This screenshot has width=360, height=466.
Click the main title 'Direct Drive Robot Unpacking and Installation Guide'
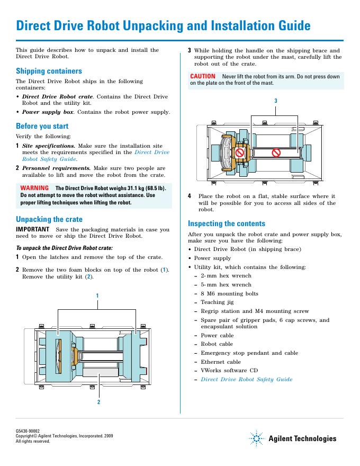click(163, 26)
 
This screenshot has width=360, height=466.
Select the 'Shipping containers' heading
click(49, 70)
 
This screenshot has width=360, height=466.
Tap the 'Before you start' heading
click(42, 126)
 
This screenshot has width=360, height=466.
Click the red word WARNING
click(34, 188)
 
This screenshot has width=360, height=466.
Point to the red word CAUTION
click(203, 76)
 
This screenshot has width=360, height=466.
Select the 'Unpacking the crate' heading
click(49, 219)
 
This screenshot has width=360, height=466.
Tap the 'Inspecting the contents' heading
click(227, 223)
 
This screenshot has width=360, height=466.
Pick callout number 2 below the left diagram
click(98, 402)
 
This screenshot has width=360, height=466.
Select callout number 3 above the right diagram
click(276, 101)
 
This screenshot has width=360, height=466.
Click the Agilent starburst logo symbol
click(256, 438)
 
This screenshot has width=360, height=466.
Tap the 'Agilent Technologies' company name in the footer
click(302, 438)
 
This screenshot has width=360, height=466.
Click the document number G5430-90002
click(28, 432)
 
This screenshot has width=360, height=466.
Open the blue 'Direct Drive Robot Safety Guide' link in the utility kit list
click(246, 379)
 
